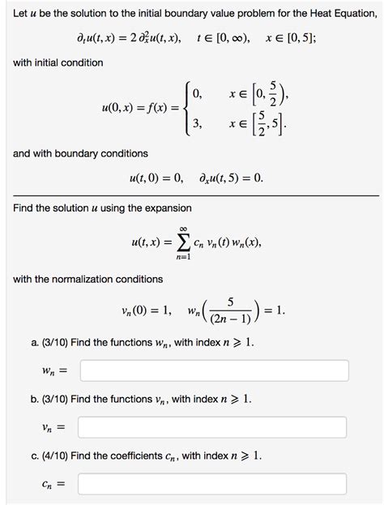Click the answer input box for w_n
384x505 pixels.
pos(215,370)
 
